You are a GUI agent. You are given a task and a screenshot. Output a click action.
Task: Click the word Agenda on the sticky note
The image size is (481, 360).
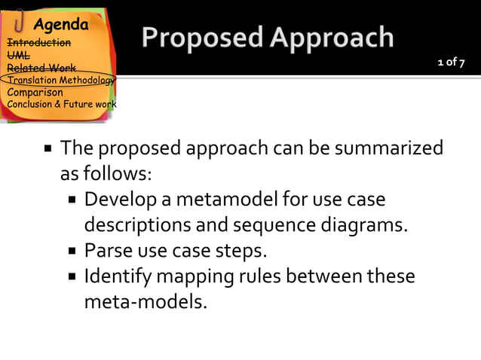pos(60,25)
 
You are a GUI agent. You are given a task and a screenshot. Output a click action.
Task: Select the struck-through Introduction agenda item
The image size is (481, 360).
pos(38,43)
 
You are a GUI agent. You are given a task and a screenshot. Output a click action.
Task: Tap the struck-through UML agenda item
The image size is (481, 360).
pos(18,55)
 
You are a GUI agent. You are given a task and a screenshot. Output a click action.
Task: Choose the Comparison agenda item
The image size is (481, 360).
pos(35,93)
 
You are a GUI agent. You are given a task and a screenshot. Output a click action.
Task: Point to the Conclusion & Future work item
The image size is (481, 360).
pos(61,104)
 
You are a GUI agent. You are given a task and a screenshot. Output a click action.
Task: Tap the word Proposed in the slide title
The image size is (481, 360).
pos(195,38)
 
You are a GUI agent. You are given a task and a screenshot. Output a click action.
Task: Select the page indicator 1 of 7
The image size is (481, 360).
pos(451,63)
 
